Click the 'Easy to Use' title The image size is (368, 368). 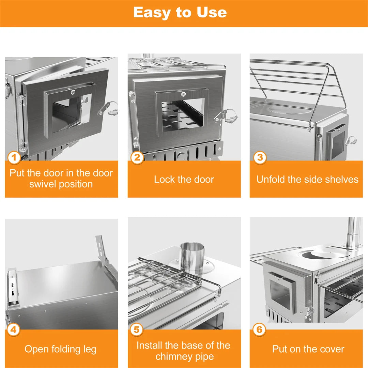point(180,13)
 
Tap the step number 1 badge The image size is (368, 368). point(14,158)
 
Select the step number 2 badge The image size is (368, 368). point(137,158)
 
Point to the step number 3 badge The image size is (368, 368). point(260,158)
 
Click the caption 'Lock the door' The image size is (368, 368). point(184,180)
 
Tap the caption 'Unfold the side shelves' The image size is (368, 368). point(307,180)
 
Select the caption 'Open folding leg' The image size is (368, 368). point(60,349)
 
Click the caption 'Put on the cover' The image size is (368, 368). point(308,349)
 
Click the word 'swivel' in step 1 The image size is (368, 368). point(43,184)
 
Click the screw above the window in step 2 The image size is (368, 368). point(183,94)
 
